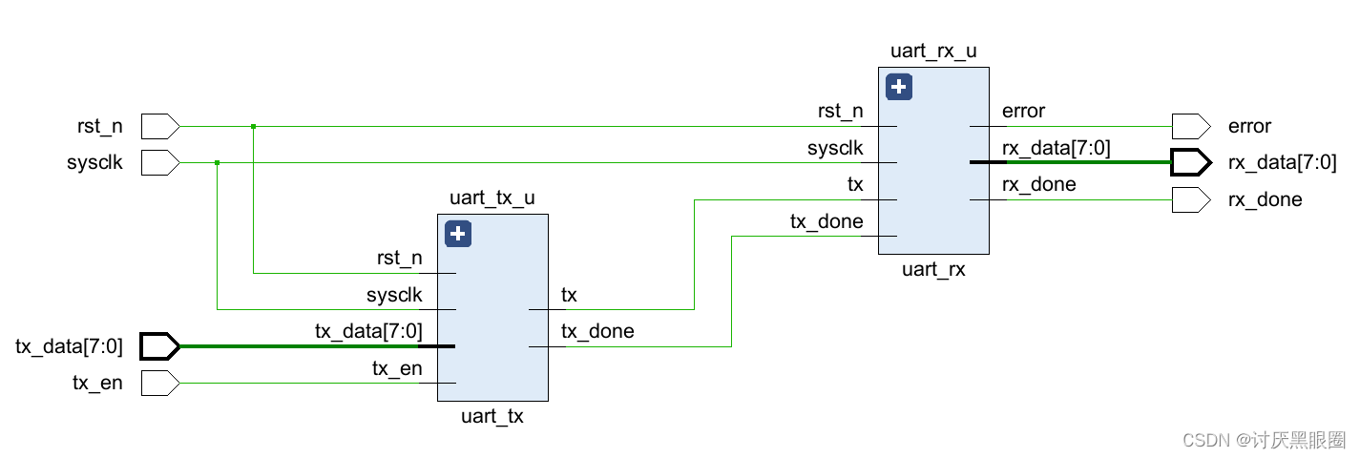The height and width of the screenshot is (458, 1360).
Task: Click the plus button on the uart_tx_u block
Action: click(458, 234)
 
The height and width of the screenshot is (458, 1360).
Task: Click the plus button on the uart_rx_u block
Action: click(899, 88)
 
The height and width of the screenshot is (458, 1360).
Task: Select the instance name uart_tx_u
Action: click(492, 198)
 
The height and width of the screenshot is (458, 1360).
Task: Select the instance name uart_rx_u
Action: click(932, 52)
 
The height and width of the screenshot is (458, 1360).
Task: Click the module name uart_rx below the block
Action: click(933, 269)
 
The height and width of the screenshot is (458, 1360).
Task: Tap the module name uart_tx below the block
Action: click(492, 416)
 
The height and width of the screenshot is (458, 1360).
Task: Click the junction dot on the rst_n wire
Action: click(253, 126)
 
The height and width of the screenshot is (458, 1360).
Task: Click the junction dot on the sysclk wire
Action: click(218, 163)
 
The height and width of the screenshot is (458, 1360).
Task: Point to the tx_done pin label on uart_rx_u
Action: click(826, 222)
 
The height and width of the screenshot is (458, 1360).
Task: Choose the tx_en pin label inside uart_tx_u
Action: click(397, 368)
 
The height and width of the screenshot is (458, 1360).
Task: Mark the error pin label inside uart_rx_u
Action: click(1023, 112)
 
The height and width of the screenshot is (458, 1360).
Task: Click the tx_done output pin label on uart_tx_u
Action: click(597, 332)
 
